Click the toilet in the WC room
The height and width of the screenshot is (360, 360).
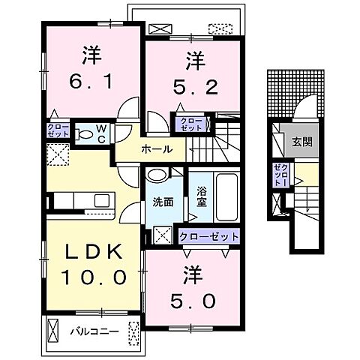tap(85, 134)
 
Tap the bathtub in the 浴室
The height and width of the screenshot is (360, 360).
tap(226, 197)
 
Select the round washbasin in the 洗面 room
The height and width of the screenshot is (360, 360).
tap(157, 175)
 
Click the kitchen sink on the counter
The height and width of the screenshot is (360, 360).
tap(102, 201)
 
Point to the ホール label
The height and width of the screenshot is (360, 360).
tap(157, 149)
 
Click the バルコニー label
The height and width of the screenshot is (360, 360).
tap(94, 331)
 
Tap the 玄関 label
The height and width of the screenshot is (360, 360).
tap(302, 142)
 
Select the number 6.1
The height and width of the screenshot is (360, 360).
tap(91, 82)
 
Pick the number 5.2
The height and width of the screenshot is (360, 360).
tap(196, 87)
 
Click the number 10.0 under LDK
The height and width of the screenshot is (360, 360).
tap(94, 277)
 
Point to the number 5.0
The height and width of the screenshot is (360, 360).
tap(193, 301)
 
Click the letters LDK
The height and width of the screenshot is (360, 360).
tap(94, 251)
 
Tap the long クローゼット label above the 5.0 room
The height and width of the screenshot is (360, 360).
tap(208, 236)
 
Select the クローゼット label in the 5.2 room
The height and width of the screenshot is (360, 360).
tap(191, 124)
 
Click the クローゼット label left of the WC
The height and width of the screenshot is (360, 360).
tap(58, 130)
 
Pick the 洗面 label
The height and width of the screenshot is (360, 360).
tap(163, 202)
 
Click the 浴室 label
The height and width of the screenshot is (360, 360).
tap(202, 196)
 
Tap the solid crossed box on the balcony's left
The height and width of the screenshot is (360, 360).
tap(52, 331)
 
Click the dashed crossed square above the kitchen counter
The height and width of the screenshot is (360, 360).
tap(58, 154)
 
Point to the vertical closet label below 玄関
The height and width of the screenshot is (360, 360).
tap(281, 174)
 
